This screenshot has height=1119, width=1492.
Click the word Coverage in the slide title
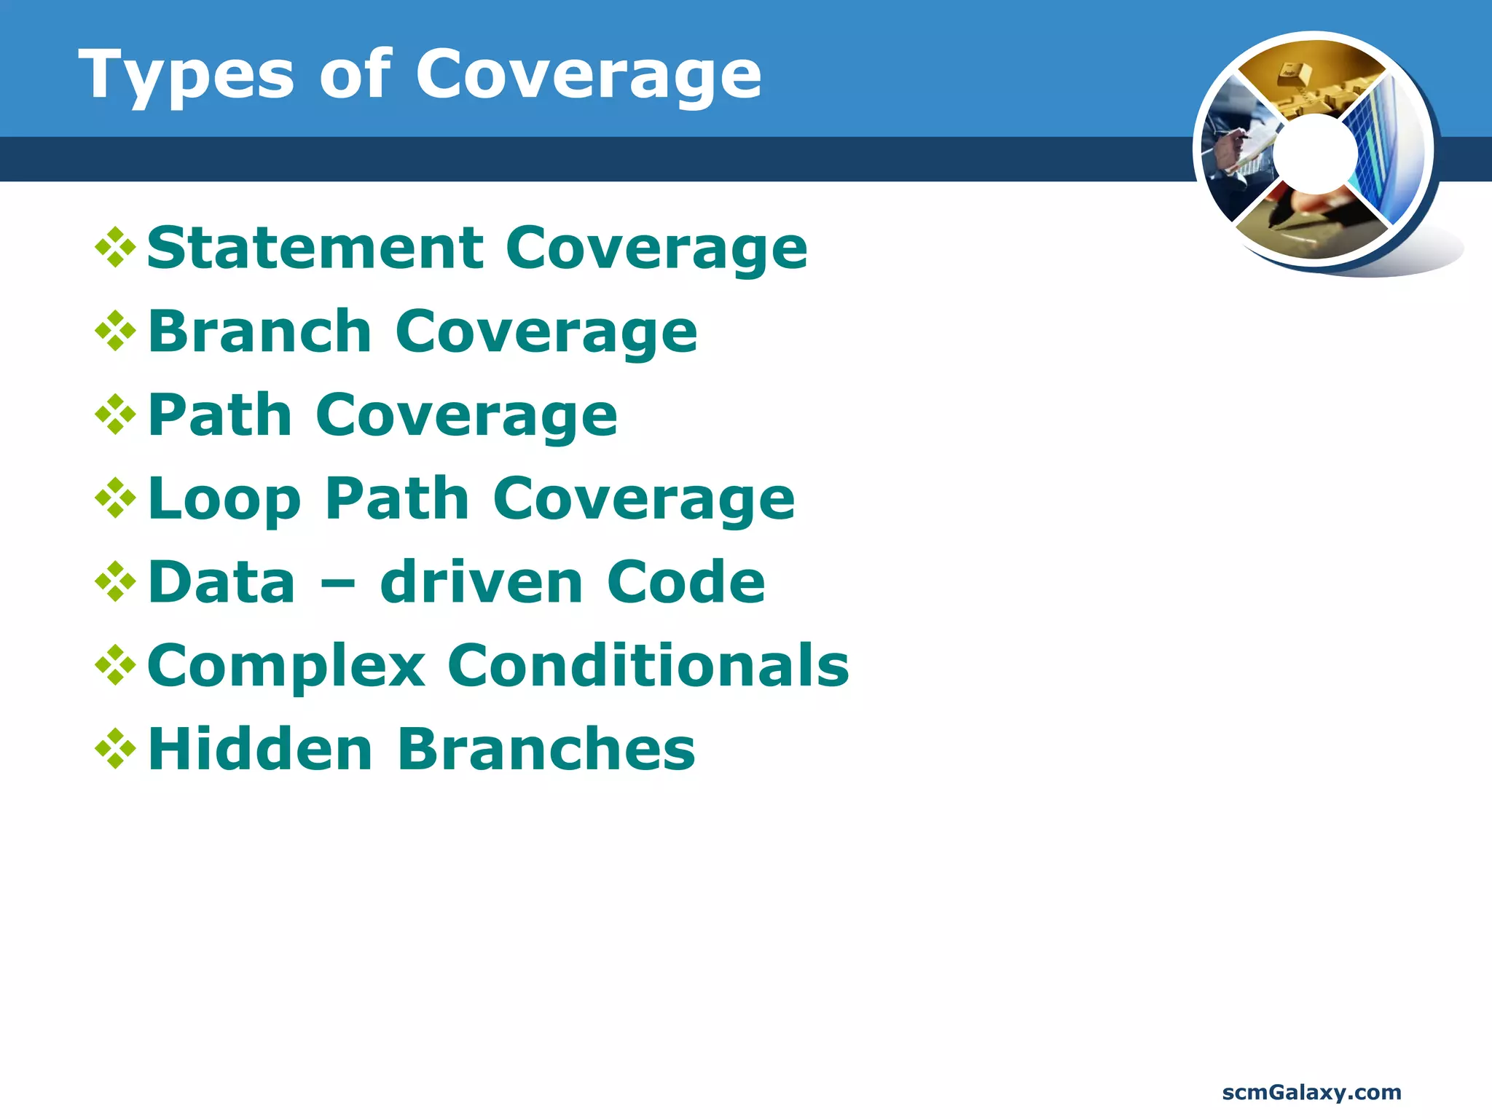(x=588, y=75)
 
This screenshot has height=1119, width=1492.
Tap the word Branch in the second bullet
(x=260, y=331)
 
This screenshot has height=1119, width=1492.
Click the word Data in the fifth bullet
(x=221, y=582)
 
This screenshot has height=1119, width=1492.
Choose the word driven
(x=482, y=582)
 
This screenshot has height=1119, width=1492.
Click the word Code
(x=686, y=582)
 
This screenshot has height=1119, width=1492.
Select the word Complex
(x=286, y=667)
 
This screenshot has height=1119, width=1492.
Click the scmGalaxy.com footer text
(x=1311, y=1093)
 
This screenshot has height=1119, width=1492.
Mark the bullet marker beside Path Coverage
(x=115, y=415)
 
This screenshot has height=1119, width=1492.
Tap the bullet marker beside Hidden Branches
(x=115, y=749)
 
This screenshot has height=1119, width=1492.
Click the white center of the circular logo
(x=1315, y=153)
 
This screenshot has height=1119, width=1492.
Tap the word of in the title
(x=356, y=75)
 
